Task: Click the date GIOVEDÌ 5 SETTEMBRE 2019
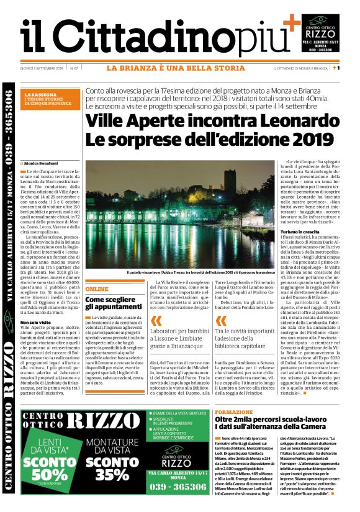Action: pos(43,68)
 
